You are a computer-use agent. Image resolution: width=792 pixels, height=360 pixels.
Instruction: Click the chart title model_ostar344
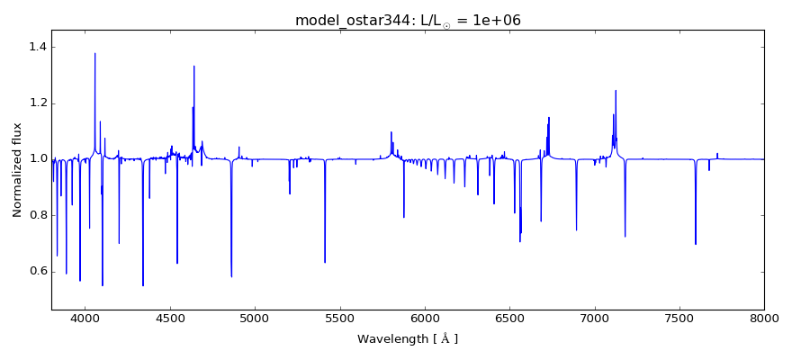click(x=408, y=20)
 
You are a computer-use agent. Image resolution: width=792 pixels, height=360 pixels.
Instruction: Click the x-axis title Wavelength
click(x=408, y=339)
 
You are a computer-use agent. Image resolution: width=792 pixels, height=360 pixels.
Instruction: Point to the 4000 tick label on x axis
click(x=85, y=318)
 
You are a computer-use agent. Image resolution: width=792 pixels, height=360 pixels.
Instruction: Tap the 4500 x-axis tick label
click(x=170, y=318)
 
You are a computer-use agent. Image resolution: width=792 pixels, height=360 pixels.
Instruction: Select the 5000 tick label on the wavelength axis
click(x=255, y=318)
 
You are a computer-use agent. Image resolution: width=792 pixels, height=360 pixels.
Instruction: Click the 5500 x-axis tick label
click(x=339, y=318)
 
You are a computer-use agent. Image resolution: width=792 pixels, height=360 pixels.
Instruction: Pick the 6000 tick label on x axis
click(x=425, y=318)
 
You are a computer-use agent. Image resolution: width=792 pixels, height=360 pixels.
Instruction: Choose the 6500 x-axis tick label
click(x=509, y=318)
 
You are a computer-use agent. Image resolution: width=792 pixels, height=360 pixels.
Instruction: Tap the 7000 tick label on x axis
click(x=594, y=318)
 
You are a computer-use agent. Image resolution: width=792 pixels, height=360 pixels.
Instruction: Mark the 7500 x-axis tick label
click(x=679, y=318)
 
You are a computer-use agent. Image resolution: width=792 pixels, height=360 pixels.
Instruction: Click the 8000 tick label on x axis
click(x=764, y=318)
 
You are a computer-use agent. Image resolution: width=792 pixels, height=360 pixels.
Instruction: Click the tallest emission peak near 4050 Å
click(x=95, y=53)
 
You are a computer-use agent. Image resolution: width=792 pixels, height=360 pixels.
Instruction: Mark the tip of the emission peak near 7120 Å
click(x=616, y=90)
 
